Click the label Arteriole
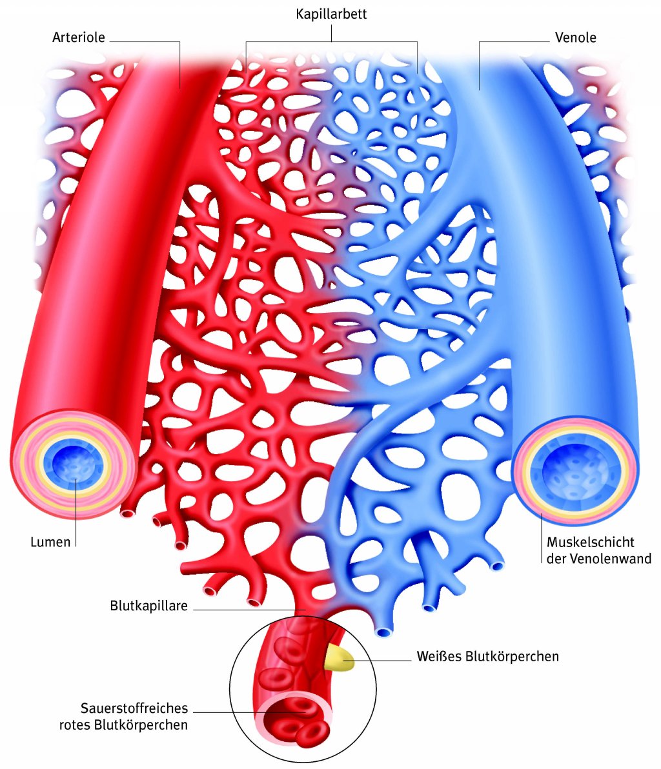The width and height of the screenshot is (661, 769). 78,37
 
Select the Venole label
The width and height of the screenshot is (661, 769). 575,37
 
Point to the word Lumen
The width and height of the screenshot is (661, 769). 50,542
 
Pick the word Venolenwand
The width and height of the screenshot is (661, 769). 609,559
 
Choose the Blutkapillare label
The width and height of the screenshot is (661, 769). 148,606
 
